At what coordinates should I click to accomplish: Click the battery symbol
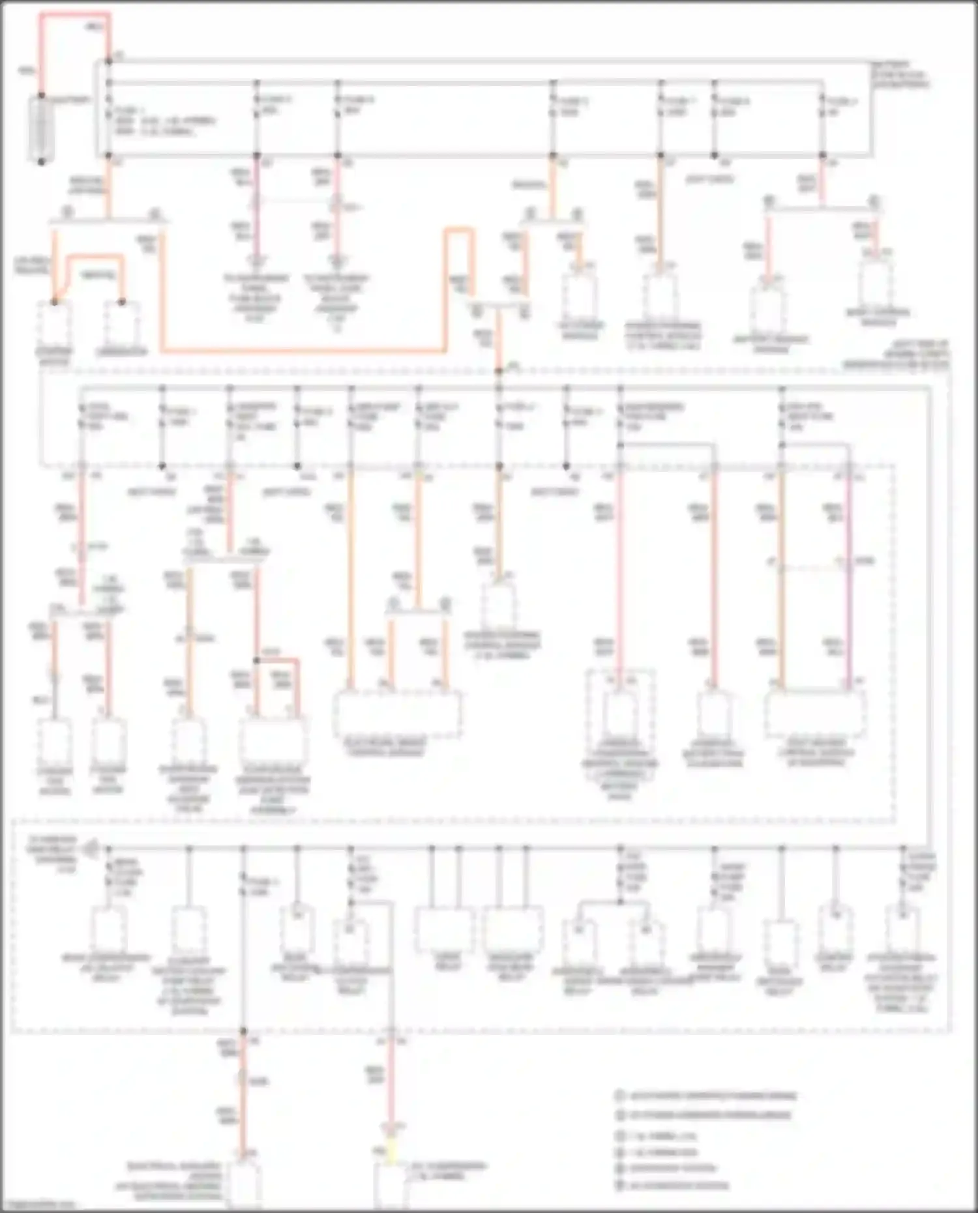41,128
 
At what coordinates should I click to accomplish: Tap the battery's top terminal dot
41,96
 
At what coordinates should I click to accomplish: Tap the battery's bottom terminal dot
41,161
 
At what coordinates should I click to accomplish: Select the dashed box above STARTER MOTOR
55,323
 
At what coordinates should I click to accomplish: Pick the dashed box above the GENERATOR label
122,323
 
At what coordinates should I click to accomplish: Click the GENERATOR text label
122,352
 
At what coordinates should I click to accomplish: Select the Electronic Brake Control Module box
397,714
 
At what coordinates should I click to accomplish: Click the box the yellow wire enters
391,1183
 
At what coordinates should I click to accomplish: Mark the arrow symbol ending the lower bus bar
91,849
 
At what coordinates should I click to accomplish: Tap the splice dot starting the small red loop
257,660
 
